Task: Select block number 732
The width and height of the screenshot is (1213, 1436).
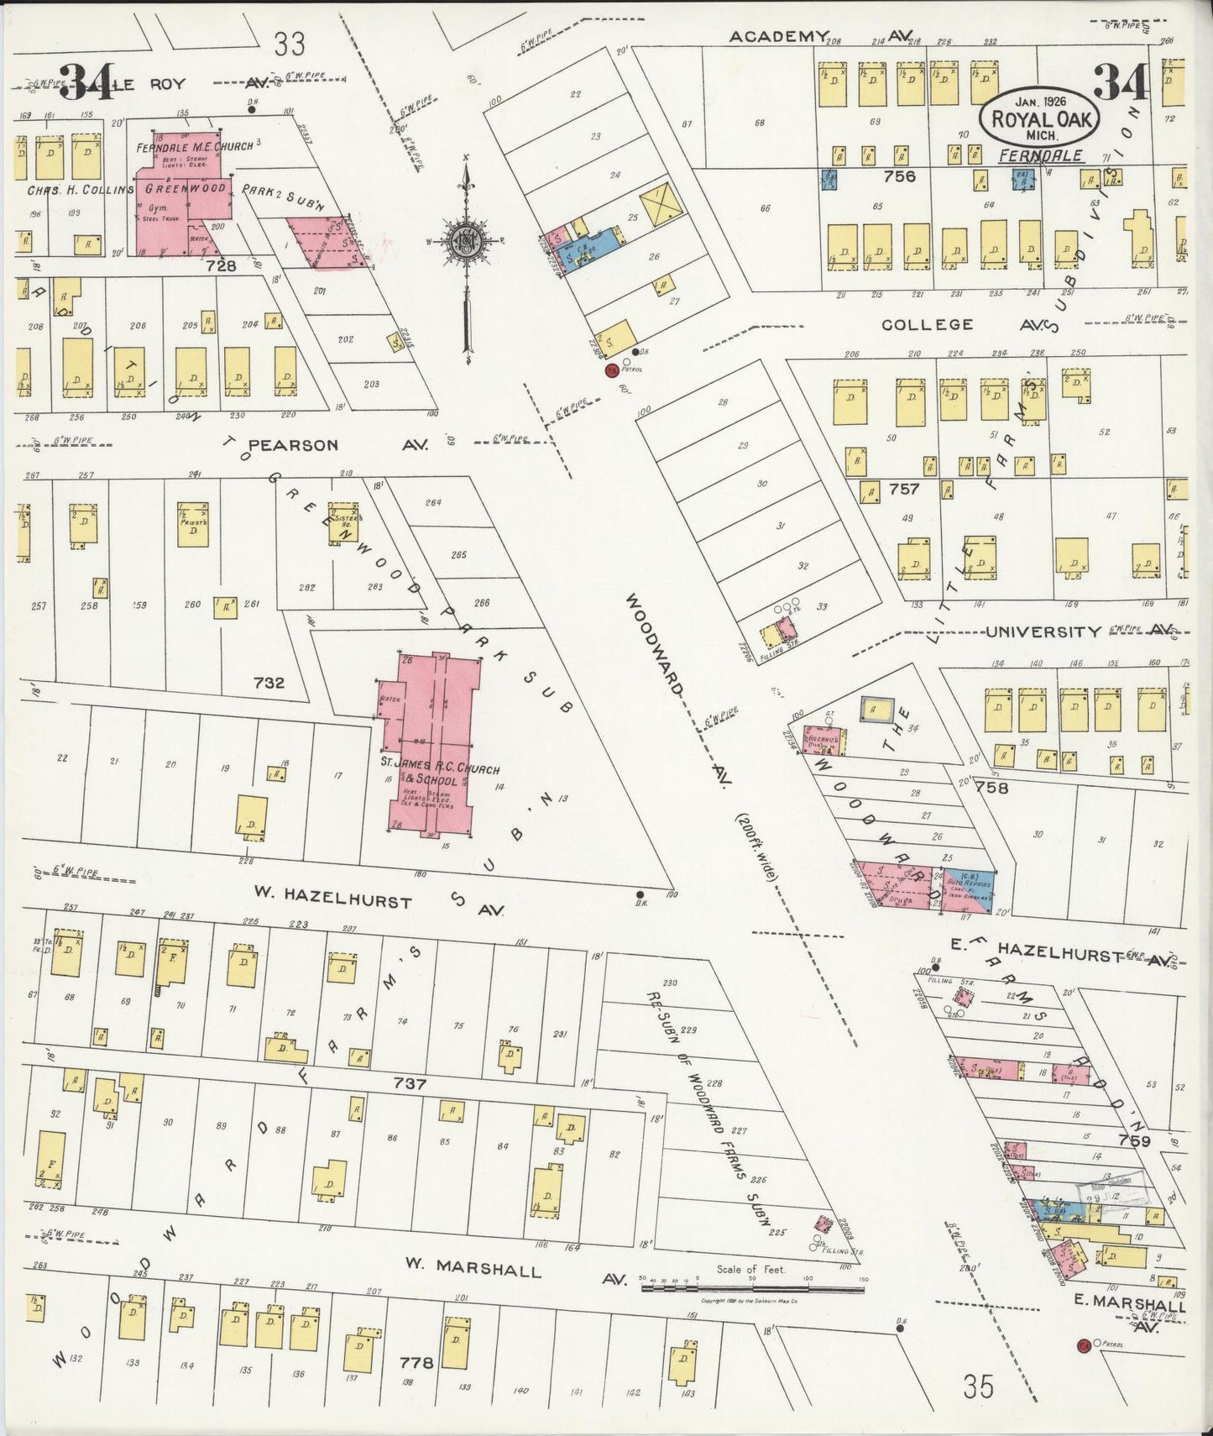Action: pyautogui.click(x=269, y=683)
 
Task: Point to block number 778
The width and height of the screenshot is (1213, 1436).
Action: pyautogui.click(x=416, y=1362)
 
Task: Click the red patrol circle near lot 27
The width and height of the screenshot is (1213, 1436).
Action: pyautogui.click(x=612, y=369)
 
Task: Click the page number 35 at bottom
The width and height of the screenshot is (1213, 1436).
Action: pyautogui.click(x=979, y=1387)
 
